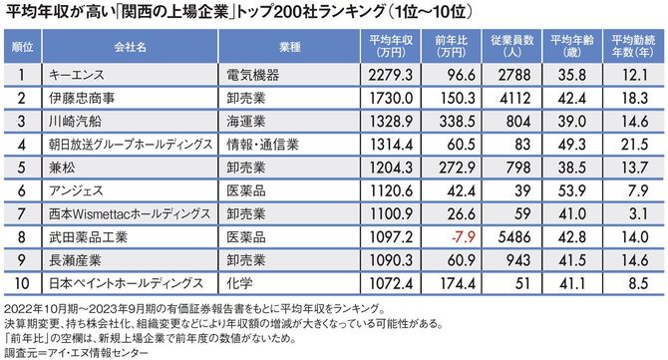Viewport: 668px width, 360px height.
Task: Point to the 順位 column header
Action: click(21, 46)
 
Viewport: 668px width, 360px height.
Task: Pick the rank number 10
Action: click(21, 282)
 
